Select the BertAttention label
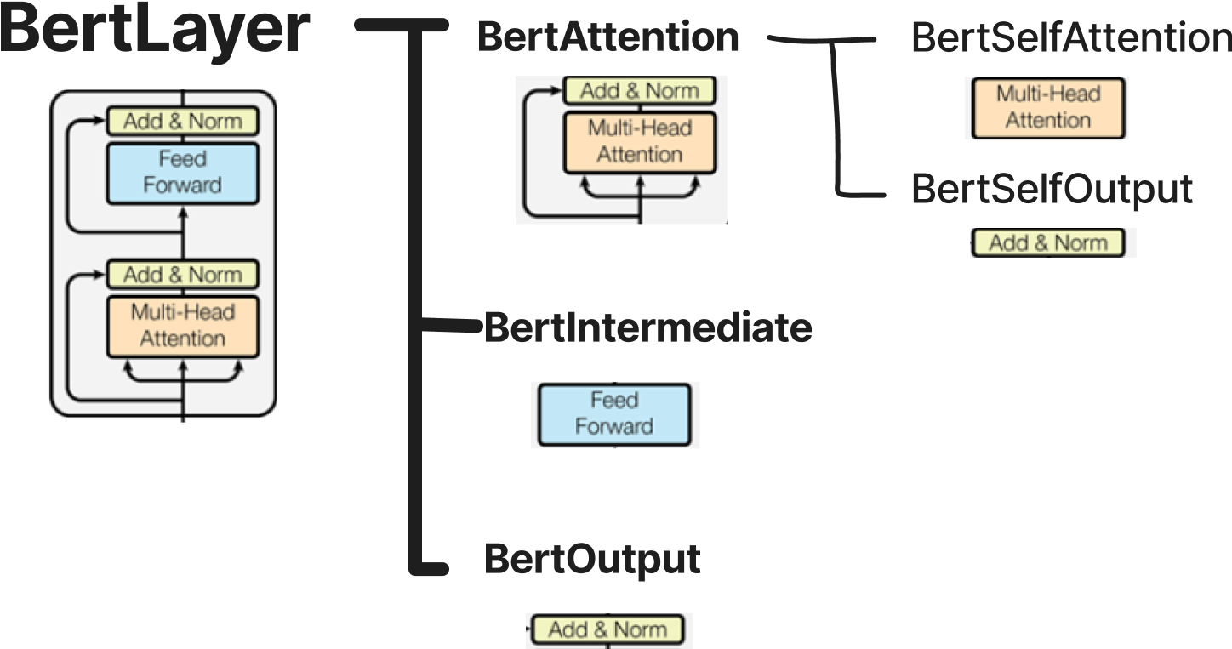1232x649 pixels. [608, 37]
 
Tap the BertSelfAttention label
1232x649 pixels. [1070, 38]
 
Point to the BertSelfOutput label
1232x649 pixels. [1052, 190]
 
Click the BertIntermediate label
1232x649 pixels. [647, 328]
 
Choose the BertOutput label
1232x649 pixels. [592, 559]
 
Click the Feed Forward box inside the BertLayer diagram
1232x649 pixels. [182, 173]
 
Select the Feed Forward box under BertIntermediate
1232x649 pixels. [613, 414]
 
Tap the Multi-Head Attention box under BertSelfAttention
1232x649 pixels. [1047, 108]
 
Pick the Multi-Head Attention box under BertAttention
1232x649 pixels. [639, 142]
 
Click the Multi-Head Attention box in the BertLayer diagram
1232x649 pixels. [182, 326]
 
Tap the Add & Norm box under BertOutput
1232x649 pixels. [607, 630]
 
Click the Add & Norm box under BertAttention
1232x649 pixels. [639, 91]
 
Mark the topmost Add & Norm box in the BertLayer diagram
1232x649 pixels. [182, 122]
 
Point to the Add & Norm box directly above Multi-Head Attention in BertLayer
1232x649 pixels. [182, 275]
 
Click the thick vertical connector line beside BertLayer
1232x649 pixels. [416, 298]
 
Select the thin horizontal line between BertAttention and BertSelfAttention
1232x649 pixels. [821, 39]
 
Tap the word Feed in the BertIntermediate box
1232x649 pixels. [613, 401]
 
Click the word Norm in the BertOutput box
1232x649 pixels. [640, 630]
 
